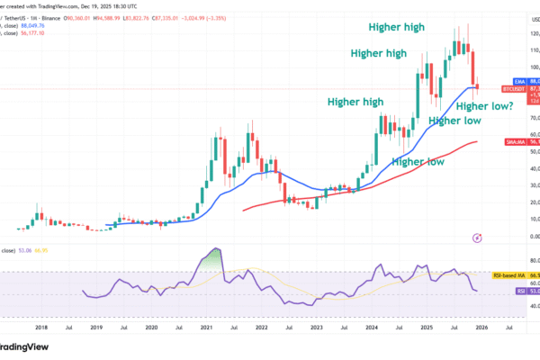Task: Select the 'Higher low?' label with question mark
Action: (486, 106)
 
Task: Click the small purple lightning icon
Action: (477, 237)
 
